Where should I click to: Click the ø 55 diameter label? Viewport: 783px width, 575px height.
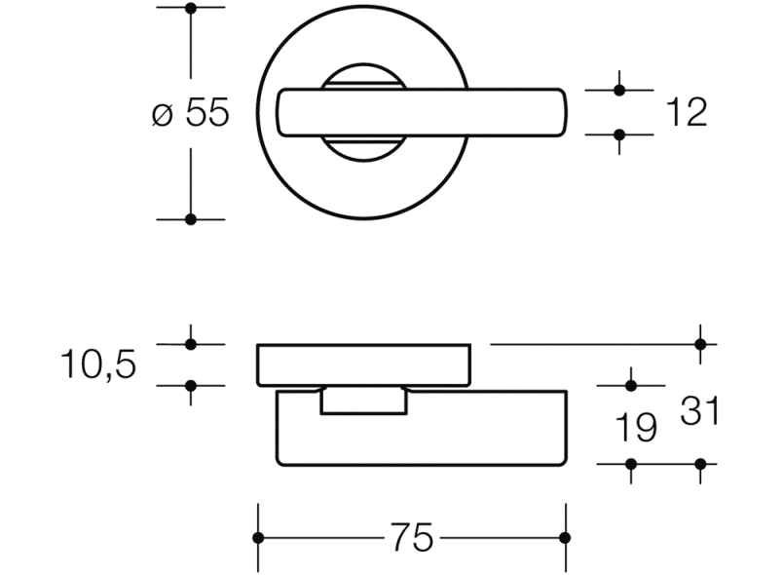pyautogui.click(x=191, y=114)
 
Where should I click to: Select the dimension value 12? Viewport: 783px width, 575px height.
pyautogui.click(x=686, y=113)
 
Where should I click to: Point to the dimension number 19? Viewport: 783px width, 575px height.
pyautogui.click(x=635, y=427)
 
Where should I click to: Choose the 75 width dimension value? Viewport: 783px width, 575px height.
pyautogui.click(x=411, y=538)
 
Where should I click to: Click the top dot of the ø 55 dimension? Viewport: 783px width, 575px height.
pyautogui.click(x=191, y=9)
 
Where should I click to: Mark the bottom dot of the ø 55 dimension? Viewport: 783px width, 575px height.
pyautogui.click(x=191, y=219)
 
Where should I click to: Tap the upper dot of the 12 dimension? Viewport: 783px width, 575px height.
pyautogui.click(x=619, y=90)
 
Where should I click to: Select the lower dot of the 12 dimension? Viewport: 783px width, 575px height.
pyautogui.click(x=619, y=134)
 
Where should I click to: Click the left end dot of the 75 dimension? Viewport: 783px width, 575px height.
pyautogui.click(x=258, y=538)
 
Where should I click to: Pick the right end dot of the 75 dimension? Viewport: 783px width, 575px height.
pyautogui.click(x=566, y=538)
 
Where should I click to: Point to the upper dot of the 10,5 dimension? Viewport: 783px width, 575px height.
pyautogui.click(x=191, y=344)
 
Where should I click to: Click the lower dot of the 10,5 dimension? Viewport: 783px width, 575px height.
pyautogui.click(x=191, y=386)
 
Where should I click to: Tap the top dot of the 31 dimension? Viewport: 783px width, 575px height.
pyautogui.click(x=700, y=344)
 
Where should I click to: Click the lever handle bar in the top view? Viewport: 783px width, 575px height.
pyautogui.click(x=506, y=112)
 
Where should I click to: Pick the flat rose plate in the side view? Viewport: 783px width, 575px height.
pyautogui.click(x=363, y=364)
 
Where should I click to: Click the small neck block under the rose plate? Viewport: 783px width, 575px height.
pyautogui.click(x=363, y=400)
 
